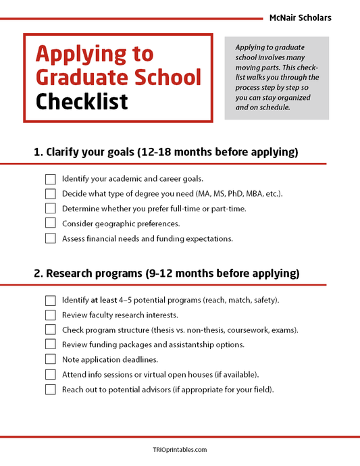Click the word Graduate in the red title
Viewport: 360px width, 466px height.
pos(77,77)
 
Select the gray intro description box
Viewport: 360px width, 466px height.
pos(276,78)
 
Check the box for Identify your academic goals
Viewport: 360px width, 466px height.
pos(51,180)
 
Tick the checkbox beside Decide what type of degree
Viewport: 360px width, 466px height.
pos(51,195)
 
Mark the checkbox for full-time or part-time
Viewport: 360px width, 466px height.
pos(51,209)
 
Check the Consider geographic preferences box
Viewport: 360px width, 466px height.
pos(51,224)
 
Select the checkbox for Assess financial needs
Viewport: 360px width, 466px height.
pos(51,238)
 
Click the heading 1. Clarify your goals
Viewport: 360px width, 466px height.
pos(165,152)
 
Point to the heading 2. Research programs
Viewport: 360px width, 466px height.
pos(166,274)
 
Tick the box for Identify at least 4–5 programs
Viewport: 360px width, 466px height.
pos(51,301)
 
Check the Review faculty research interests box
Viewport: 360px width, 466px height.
pos(51,315)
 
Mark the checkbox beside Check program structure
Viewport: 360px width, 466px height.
pos(51,330)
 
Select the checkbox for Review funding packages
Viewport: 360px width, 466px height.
pos(51,345)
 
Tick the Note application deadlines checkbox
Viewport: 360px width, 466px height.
pos(51,360)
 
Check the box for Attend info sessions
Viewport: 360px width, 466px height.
pos(51,375)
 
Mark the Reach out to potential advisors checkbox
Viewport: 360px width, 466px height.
pos(51,390)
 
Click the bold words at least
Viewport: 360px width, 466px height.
pos(104,301)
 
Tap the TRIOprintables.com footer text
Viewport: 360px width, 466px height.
pos(180,449)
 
